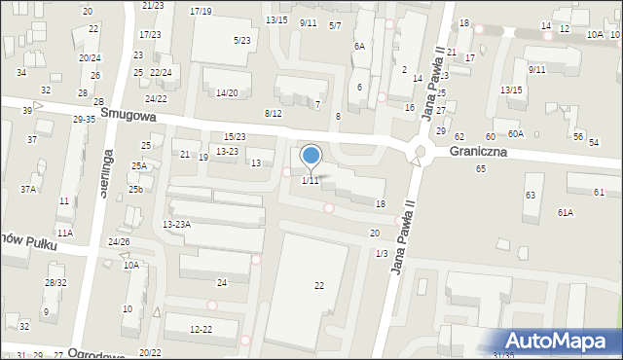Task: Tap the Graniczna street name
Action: click(x=483, y=152)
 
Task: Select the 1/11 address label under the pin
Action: click(x=310, y=181)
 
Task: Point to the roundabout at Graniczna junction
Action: click(x=421, y=152)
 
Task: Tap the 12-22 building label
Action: click(x=201, y=330)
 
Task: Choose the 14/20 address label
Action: click(x=227, y=92)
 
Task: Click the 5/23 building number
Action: click(x=241, y=40)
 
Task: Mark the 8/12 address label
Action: click(x=273, y=114)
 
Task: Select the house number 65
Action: click(x=480, y=169)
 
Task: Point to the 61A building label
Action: click(x=566, y=212)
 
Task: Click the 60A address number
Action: click(x=515, y=134)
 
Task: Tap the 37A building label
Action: click(x=27, y=190)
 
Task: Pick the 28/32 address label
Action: click(x=55, y=282)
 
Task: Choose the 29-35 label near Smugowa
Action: click(x=84, y=119)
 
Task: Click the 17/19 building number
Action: click(x=201, y=11)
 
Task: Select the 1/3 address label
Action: click(x=381, y=253)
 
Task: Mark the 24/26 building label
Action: click(x=119, y=241)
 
